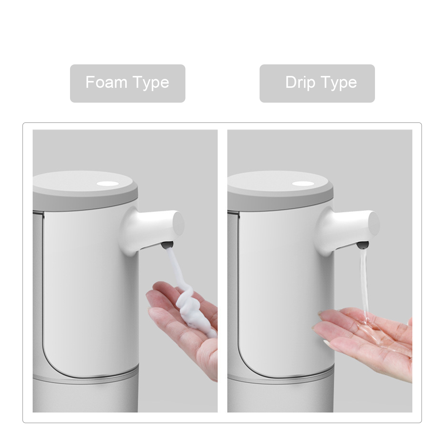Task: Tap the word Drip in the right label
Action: point(300,83)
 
